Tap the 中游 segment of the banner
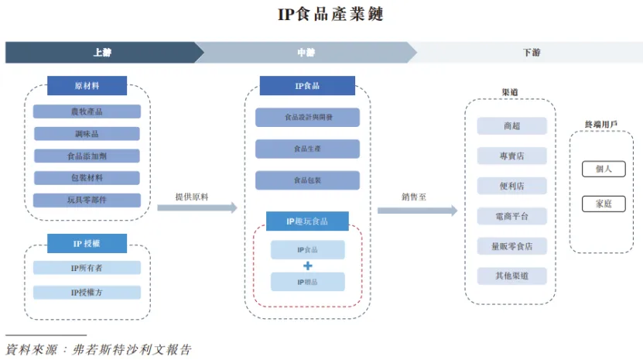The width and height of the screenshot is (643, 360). (x=306, y=52)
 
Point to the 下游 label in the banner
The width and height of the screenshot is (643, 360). (x=531, y=52)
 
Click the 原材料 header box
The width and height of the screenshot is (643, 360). (x=87, y=85)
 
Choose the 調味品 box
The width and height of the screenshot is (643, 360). (x=87, y=133)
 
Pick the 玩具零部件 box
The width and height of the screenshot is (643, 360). (x=87, y=200)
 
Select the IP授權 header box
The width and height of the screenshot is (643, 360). (x=87, y=243)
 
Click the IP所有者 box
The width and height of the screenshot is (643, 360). (x=87, y=268)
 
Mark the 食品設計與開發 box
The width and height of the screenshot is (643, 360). (x=307, y=118)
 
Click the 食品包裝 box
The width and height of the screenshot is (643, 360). (x=307, y=180)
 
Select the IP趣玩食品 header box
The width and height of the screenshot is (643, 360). (x=307, y=221)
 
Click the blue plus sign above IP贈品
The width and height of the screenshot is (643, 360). (x=307, y=266)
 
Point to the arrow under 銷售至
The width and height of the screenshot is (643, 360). (x=417, y=210)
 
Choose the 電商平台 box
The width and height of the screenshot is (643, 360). (x=511, y=216)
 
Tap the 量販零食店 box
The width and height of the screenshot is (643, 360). (x=511, y=246)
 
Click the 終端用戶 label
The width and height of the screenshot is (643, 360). (x=600, y=124)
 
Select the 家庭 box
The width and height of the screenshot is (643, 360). (x=604, y=204)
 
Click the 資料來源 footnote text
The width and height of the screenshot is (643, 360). (x=97, y=349)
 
